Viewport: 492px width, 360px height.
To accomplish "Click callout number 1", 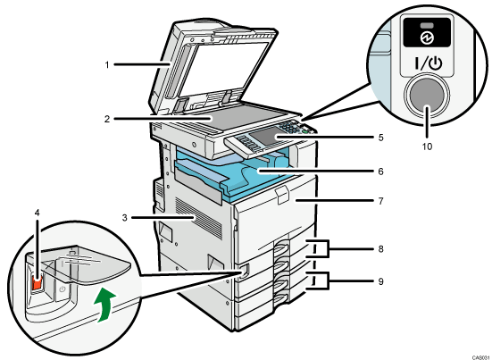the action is click(107, 65).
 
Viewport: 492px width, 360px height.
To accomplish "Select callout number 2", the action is click(107, 120).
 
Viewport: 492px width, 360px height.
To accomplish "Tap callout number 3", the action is click(125, 217).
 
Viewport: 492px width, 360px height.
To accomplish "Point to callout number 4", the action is click(37, 213).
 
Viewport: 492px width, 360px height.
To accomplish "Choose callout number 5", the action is click(380, 138).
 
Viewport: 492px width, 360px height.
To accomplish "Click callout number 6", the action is click(380, 172).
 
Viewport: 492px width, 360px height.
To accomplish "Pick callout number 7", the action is click(380, 201).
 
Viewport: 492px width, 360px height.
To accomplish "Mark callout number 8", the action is click(380, 249).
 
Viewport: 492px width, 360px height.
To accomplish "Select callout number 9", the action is click(380, 281).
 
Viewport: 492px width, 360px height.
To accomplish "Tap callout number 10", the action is click(427, 147).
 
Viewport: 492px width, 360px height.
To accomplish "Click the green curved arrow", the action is click(105, 306).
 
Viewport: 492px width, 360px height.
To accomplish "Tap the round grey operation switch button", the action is click(427, 95).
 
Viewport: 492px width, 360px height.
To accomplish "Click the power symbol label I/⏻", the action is click(428, 64).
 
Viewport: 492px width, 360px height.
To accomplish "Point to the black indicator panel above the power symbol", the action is click(427, 32).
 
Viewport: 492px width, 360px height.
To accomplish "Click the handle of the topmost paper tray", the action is click(281, 247).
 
